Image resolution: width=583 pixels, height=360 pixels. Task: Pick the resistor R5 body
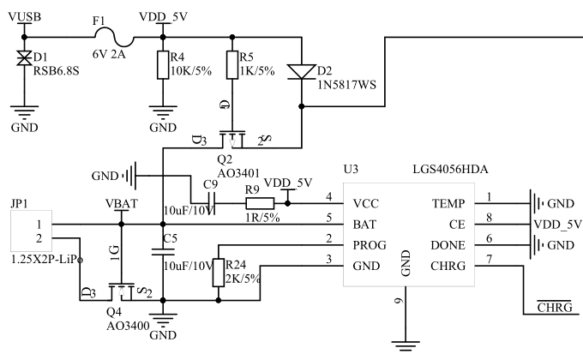tap(231, 65)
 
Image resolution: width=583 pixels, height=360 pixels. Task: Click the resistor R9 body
tap(260, 203)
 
